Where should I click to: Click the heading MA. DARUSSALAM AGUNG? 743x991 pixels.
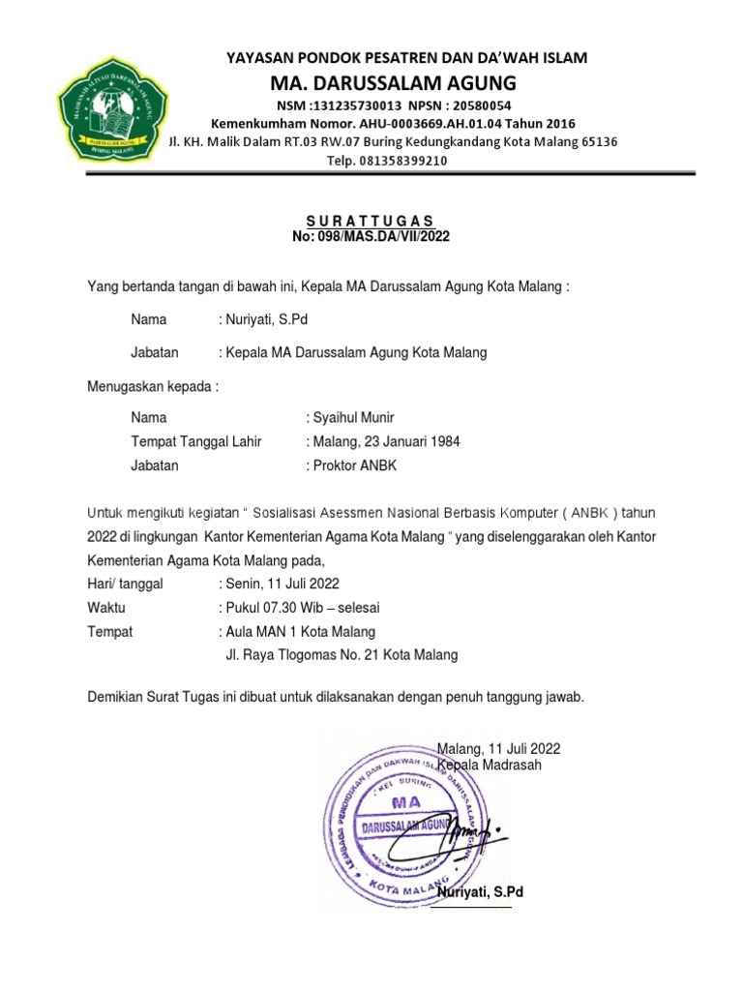pos(406,80)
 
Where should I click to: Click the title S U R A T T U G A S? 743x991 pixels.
pos(371,221)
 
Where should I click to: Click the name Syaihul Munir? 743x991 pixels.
pos(349,418)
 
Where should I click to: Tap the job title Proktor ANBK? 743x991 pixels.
pos(352,465)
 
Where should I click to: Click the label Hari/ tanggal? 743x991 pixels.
pos(126,584)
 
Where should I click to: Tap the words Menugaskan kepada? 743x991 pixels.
pos(153,387)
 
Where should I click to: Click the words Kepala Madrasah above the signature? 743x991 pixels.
pos(490,765)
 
